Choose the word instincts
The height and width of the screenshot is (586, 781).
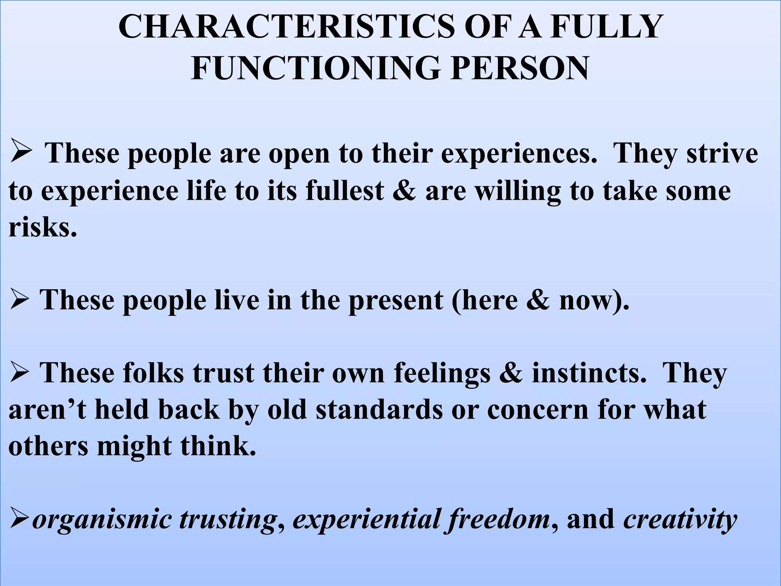(x=589, y=373)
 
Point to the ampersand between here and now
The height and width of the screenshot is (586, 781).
(x=538, y=300)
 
